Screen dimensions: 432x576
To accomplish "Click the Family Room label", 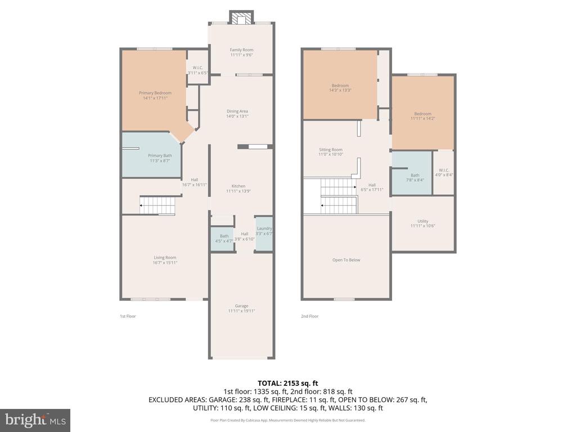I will (241, 50).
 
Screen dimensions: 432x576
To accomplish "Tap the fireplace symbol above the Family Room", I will (241, 19).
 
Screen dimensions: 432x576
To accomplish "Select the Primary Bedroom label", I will (155, 93).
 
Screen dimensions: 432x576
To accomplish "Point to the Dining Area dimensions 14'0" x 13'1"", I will (237, 116).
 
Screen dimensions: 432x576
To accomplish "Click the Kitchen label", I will (238, 186).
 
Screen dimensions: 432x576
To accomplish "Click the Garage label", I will (241, 306).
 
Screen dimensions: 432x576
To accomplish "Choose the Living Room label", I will (165, 258).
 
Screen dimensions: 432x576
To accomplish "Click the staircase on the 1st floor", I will (157, 206).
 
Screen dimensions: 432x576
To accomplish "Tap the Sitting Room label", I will (330, 150).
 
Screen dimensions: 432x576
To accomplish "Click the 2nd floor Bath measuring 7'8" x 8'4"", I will (415, 175).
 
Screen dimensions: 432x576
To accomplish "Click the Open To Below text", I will (346, 260).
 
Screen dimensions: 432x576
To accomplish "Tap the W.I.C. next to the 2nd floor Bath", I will (443, 172).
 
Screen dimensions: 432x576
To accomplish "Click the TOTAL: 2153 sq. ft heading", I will (288, 383).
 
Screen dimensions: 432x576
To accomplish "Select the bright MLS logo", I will (35, 420).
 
